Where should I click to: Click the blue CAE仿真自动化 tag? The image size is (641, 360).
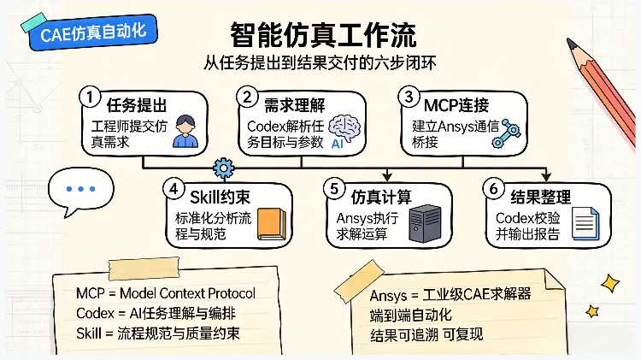[93, 32]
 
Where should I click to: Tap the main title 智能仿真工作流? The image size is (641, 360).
[323, 35]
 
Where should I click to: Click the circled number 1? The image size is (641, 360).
[90, 97]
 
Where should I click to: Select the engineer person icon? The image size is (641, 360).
[185, 131]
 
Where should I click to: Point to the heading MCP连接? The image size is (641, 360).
[456, 105]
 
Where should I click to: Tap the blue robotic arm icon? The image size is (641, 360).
[506, 133]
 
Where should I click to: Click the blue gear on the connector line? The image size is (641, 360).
[224, 168]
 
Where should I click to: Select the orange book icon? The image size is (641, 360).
[272, 224]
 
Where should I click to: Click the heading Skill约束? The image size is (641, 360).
[220, 198]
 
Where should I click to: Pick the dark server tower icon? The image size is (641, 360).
[425, 223]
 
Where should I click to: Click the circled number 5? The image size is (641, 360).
[334, 189]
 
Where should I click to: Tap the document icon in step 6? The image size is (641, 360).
[585, 223]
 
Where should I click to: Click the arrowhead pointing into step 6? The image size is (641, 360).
[546, 177]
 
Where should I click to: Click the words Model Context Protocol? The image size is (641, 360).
[187, 293]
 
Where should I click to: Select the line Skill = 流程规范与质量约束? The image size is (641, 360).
[158, 333]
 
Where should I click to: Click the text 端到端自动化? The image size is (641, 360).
[411, 315]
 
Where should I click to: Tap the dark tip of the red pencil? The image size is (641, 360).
[571, 43]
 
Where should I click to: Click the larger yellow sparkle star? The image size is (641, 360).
[610, 283]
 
